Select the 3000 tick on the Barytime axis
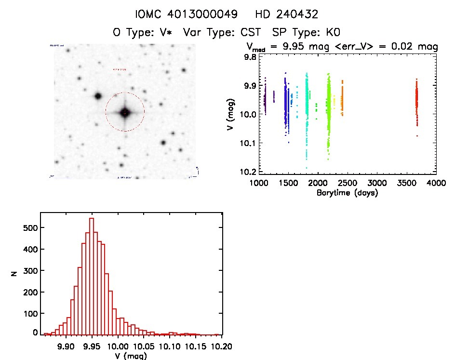point(377,184)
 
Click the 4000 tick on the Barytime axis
point(436,184)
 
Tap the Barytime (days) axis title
point(347,193)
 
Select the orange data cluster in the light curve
point(342,99)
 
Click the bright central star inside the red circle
point(125,112)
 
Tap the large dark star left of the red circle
point(98,96)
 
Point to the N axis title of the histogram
point(15,274)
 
